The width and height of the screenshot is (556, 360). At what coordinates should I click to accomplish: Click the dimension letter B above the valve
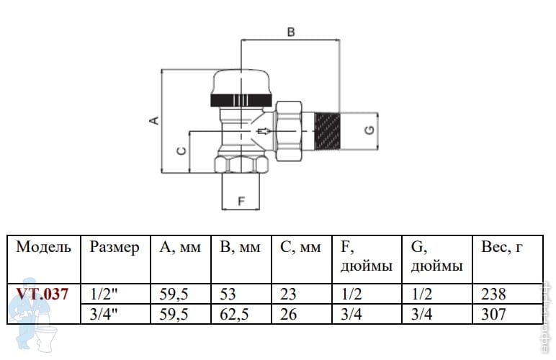click(291, 32)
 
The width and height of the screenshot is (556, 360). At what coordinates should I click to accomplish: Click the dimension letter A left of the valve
click(153, 120)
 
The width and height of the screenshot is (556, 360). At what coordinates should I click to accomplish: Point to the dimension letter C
click(181, 151)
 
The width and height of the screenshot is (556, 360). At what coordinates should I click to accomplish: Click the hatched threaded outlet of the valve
click(328, 130)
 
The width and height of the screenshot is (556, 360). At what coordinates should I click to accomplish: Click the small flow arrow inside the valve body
click(264, 132)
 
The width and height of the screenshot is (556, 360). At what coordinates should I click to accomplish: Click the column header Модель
click(44, 248)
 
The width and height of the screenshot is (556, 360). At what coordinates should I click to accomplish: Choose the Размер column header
click(115, 248)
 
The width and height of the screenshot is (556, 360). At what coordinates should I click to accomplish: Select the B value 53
click(228, 294)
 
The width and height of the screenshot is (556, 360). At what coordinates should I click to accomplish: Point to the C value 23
click(290, 294)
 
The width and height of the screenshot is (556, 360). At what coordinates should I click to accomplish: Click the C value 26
click(290, 314)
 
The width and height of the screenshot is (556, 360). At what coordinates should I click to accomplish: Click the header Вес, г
click(501, 248)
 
